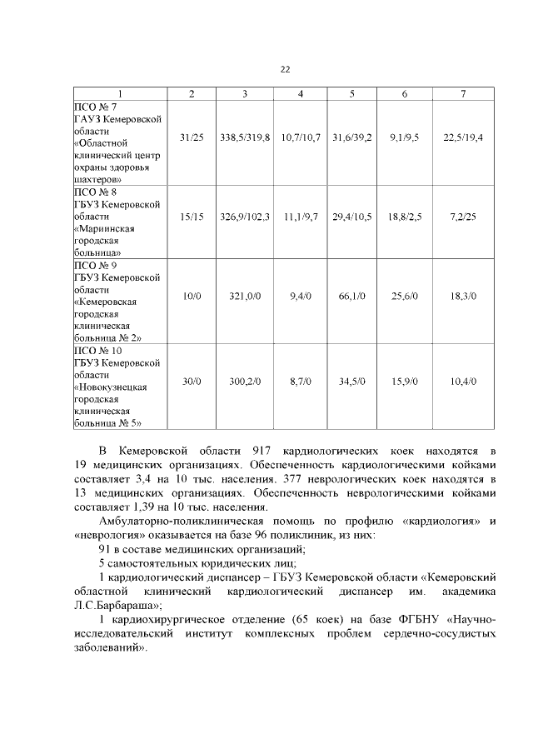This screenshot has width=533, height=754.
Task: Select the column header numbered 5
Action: tap(351, 93)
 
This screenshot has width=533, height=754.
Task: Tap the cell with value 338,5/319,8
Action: tap(245, 136)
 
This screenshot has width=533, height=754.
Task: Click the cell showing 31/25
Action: tap(192, 136)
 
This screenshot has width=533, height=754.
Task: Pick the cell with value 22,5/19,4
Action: tap(464, 136)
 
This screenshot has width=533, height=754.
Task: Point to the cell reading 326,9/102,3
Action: tap(245, 216)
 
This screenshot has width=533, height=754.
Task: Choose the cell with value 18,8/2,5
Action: tap(405, 216)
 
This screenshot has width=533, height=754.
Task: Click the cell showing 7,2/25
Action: tap(464, 216)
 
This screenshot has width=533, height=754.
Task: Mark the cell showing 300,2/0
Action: tap(245, 381)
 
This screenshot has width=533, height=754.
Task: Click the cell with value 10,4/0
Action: tap(464, 381)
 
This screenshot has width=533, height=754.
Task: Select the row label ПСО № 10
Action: tap(98, 350)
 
